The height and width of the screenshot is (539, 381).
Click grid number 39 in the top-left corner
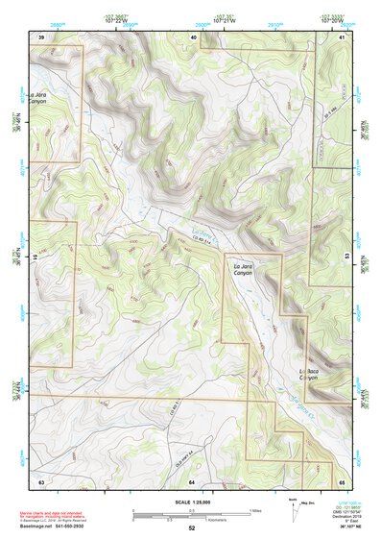pos(40,37)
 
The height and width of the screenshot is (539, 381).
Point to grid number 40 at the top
pos(193,37)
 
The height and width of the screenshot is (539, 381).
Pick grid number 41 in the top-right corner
pos(342,37)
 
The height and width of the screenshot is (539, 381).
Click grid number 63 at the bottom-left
pos(40,479)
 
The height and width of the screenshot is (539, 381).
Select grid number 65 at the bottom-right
pos(342,479)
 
